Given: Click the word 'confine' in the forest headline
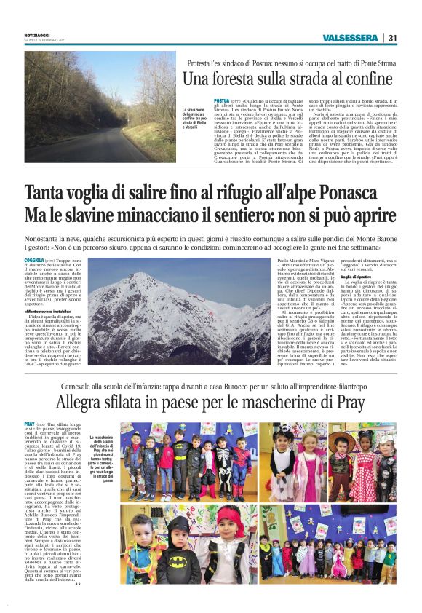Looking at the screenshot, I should point(369,79).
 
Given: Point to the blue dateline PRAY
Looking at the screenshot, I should point(29,423).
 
